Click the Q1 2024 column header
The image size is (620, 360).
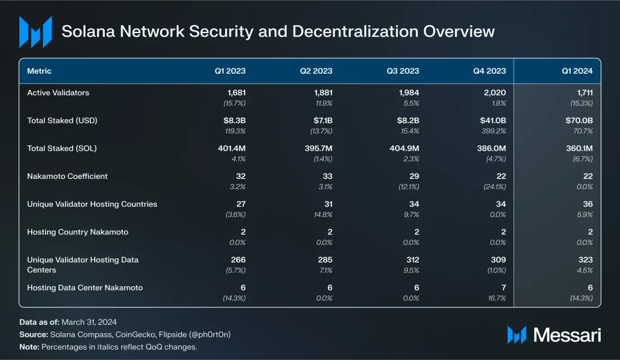577,71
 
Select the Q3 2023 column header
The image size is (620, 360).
403,71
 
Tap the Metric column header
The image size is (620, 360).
39,71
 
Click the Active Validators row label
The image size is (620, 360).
58,93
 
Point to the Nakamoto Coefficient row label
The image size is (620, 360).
67,176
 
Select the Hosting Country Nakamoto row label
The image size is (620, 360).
77,232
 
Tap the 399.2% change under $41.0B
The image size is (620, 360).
494,131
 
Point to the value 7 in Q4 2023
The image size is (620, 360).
503,288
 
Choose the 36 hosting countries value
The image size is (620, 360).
588,204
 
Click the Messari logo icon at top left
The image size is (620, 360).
35,31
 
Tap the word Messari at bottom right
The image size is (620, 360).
567,335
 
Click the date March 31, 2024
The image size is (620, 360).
89,322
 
